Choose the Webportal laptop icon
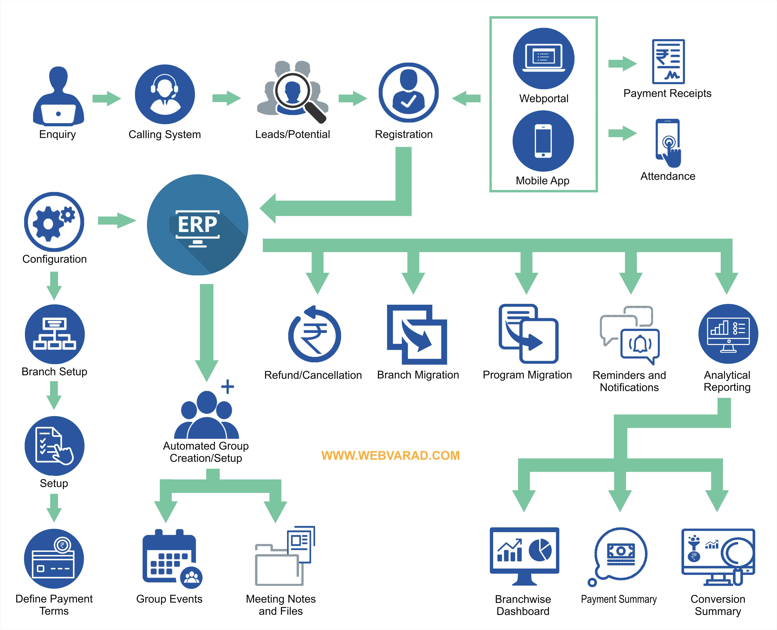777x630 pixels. (x=543, y=58)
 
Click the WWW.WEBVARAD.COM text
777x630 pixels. (x=391, y=455)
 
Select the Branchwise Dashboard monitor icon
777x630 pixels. (x=524, y=555)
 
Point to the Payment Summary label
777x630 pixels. (x=619, y=599)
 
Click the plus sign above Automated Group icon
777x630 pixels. (x=228, y=386)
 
